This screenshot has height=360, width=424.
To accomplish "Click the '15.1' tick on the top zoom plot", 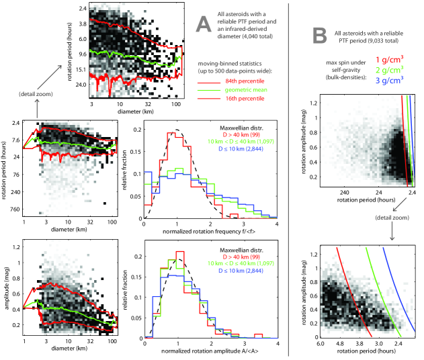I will tap(78, 69).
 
